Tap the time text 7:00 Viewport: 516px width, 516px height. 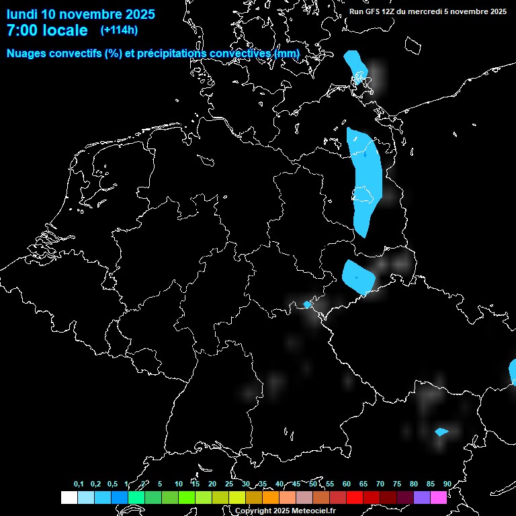coord(21,30)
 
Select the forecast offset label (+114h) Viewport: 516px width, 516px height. coord(119,30)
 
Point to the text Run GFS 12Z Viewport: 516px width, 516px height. coord(374,11)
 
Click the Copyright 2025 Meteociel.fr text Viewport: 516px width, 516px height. coord(285,511)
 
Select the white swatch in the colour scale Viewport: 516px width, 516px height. coord(69,497)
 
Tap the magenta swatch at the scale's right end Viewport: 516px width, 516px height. coord(439,497)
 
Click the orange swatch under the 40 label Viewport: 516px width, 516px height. coord(271,497)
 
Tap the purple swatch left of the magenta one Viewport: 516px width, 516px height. coord(422,497)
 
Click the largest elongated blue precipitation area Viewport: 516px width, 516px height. coord(365,181)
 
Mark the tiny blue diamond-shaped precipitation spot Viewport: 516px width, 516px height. coord(308,304)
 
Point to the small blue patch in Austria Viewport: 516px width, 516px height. coord(441,432)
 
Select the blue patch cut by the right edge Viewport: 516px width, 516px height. coord(513,372)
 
